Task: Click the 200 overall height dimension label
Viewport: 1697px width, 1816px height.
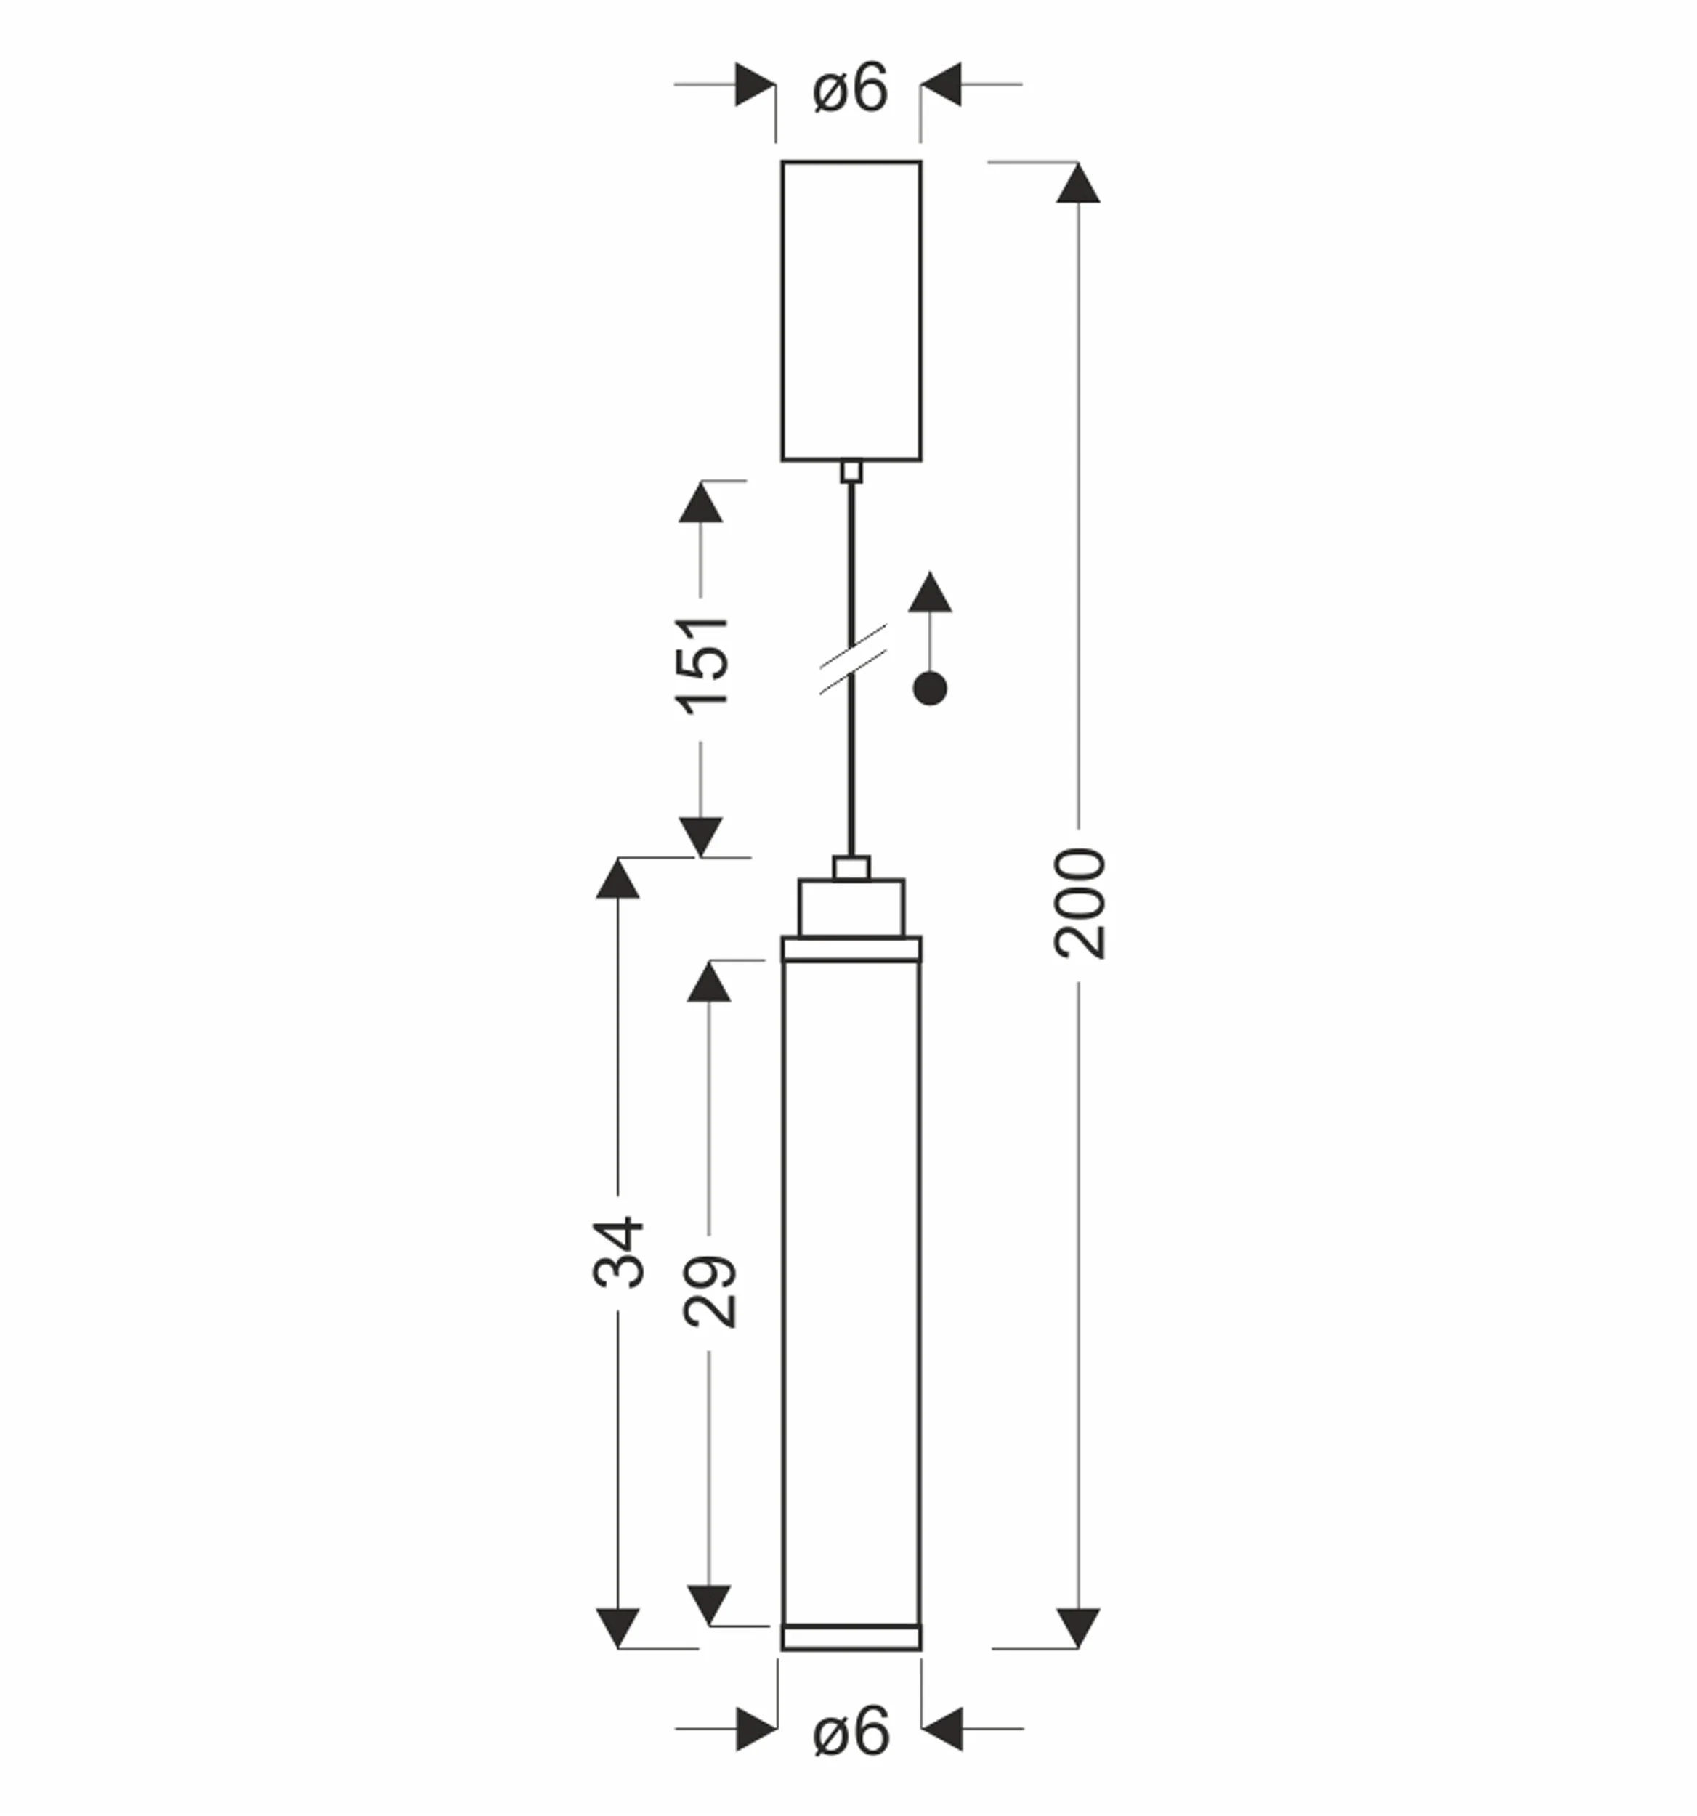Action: click(x=1080, y=904)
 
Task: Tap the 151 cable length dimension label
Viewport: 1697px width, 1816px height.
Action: click(x=702, y=665)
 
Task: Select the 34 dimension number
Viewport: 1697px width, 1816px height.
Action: click(x=618, y=1252)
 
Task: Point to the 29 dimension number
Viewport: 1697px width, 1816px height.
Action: click(x=710, y=1292)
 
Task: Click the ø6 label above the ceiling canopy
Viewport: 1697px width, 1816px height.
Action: click(x=849, y=89)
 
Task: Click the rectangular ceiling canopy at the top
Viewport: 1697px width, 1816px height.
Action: click(x=851, y=311)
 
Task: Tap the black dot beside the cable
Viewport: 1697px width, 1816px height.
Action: click(x=930, y=689)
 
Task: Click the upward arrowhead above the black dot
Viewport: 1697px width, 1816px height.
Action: click(x=930, y=592)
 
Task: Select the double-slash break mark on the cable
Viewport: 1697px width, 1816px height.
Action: click(x=853, y=660)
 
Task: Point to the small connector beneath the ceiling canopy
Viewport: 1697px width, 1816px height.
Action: click(x=851, y=471)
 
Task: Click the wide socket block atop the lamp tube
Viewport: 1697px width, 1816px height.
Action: click(x=851, y=908)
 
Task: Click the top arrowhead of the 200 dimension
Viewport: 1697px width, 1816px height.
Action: click(x=1078, y=182)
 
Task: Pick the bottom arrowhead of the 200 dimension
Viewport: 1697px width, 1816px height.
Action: click(x=1078, y=1628)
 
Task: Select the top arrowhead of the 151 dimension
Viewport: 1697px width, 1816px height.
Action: click(x=700, y=501)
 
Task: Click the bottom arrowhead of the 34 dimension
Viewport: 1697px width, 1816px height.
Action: click(x=617, y=1628)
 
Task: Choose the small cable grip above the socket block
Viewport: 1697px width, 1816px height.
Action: click(x=851, y=868)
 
